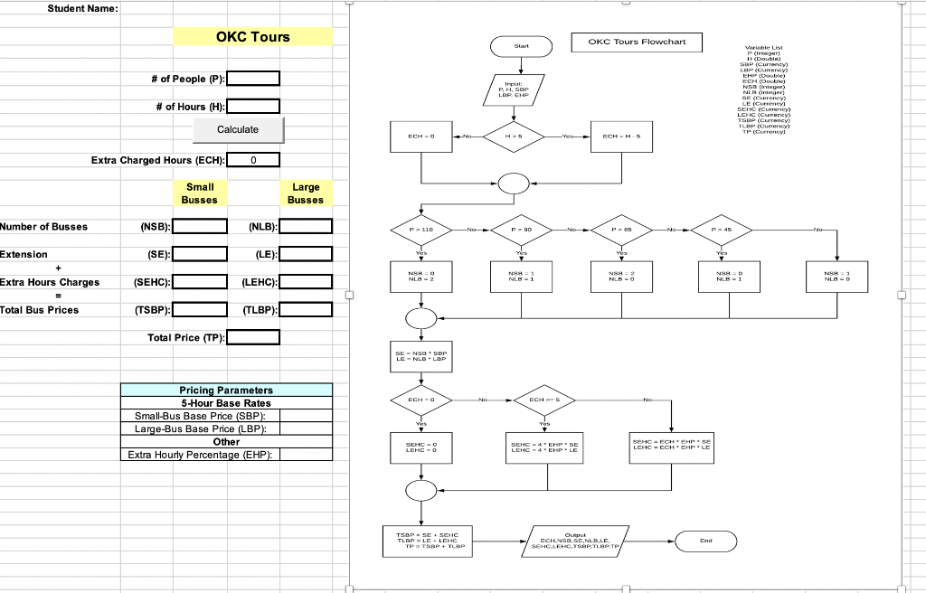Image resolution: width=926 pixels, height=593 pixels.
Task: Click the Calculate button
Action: tap(238, 130)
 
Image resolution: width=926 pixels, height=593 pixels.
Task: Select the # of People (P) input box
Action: tap(252, 80)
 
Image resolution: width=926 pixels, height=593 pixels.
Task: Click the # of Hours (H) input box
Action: tap(252, 107)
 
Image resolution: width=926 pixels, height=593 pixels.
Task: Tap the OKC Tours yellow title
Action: tap(253, 37)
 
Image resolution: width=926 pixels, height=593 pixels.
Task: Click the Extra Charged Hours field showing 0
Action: tap(253, 161)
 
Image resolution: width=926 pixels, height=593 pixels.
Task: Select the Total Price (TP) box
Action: tap(252, 338)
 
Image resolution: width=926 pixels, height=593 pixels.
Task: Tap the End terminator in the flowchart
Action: tap(706, 541)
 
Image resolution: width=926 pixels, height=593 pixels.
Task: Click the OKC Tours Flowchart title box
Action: tap(637, 42)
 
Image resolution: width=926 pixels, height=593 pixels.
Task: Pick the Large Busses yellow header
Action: tap(306, 193)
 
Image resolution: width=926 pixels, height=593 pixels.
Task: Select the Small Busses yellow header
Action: tap(199, 193)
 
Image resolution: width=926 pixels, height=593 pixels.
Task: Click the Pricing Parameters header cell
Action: tap(226, 390)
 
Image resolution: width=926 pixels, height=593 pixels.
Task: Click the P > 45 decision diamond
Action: tap(728, 230)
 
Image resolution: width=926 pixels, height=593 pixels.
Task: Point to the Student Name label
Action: tap(82, 9)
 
